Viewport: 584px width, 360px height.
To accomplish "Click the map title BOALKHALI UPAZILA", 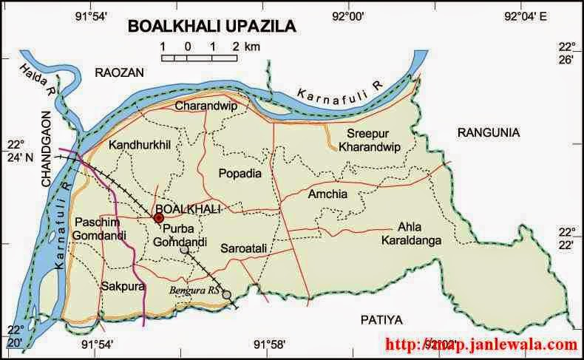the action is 212,27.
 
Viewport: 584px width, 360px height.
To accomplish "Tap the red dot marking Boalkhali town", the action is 158,218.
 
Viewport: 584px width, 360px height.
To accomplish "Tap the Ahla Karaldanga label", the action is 411,233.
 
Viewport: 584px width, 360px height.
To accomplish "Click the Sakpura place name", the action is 122,285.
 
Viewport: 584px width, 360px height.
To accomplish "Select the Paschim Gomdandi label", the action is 94,228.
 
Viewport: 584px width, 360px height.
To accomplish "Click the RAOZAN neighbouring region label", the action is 119,71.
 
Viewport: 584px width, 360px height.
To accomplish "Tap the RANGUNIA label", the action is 489,132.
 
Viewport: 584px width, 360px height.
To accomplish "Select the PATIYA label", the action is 380,319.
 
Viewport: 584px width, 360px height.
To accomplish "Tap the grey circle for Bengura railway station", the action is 227,294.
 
